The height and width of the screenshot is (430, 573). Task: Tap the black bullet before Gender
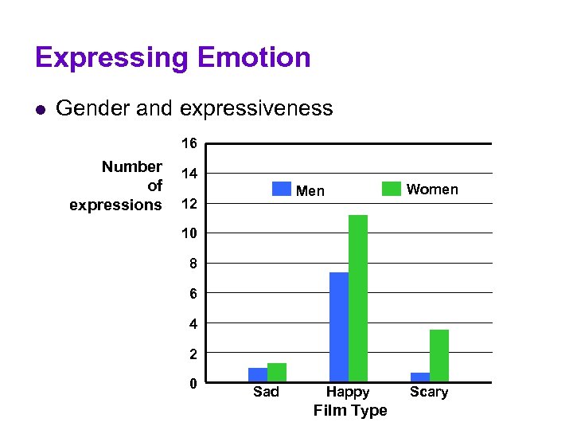click(x=41, y=109)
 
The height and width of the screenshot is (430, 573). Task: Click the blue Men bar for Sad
click(x=258, y=375)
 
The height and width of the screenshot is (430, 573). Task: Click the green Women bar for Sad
click(x=276, y=373)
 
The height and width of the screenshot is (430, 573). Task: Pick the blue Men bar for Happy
click(x=339, y=327)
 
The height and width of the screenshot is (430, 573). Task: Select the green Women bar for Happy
click(x=358, y=299)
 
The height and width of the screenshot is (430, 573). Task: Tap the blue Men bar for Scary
click(x=420, y=377)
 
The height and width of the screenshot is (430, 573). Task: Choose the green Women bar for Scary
click(x=439, y=356)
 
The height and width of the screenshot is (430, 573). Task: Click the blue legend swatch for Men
click(x=282, y=189)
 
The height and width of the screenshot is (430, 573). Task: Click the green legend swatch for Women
click(x=391, y=189)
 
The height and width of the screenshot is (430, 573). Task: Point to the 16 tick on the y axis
click(x=189, y=144)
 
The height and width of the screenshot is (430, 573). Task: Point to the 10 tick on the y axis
click(x=189, y=233)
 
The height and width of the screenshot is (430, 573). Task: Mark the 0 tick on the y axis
click(x=193, y=383)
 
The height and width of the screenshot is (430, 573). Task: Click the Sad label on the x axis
click(x=266, y=392)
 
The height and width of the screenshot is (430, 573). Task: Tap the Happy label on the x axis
click(x=348, y=392)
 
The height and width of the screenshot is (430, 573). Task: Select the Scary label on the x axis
click(x=429, y=392)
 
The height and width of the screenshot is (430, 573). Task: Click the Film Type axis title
click(x=350, y=411)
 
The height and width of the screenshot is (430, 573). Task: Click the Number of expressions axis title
click(x=119, y=186)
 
